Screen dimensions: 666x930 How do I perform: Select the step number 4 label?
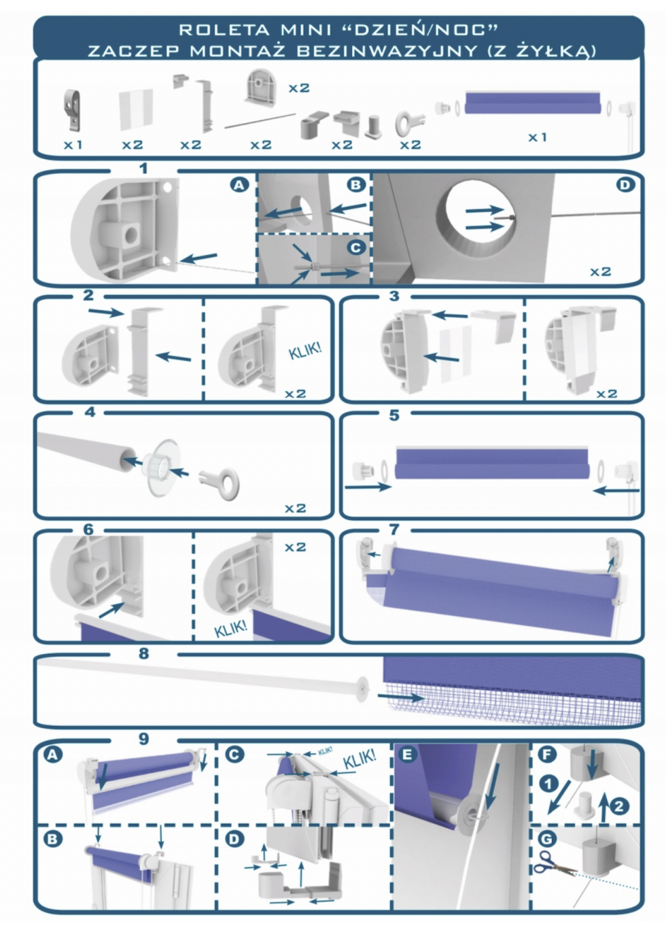point(90,412)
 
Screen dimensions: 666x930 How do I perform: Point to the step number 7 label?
point(394,530)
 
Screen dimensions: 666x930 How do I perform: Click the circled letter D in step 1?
point(625,185)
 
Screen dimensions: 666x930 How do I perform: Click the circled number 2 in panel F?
point(618,806)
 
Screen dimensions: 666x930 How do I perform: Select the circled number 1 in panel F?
point(549,785)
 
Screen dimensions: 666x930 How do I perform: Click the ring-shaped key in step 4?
point(220,483)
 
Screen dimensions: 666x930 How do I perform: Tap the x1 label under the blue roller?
point(538,137)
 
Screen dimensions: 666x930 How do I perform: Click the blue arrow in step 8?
point(401,697)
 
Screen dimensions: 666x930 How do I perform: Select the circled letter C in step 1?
point(355,248)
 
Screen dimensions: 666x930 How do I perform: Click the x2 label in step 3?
point(607,393)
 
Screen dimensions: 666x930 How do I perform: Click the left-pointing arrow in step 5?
point(616,491)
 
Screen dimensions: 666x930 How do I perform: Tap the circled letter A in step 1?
point(239,185)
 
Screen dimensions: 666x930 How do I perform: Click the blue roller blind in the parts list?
point(533,103)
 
